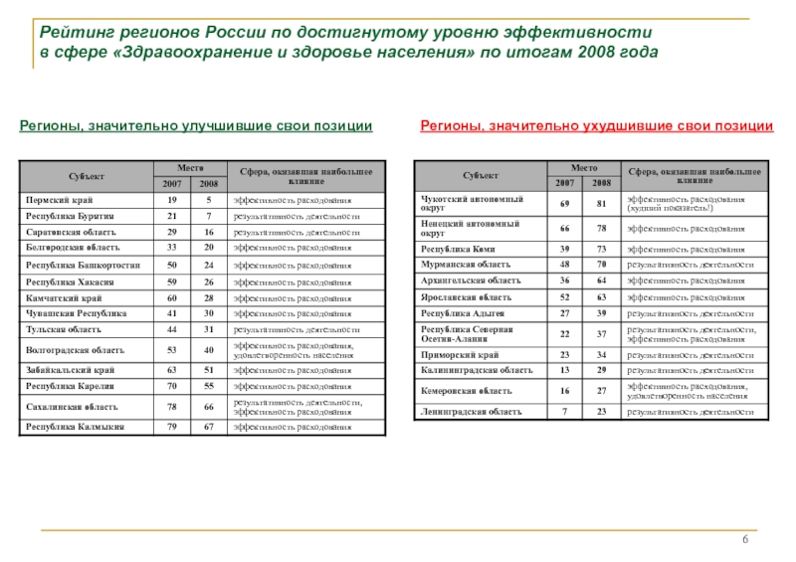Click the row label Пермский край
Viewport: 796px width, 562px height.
click(56, 199)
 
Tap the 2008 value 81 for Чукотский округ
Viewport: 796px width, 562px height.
click(600, 203)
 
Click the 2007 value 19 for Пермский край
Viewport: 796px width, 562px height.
click(172, 199)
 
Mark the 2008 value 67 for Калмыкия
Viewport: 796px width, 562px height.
click(209, 427)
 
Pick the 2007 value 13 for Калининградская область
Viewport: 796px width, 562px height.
click(563, 371)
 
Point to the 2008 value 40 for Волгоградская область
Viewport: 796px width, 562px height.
click(209, 349)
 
